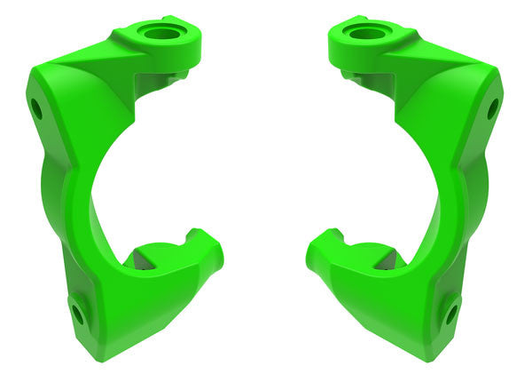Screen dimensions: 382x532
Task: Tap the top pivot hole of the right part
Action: point(364,34)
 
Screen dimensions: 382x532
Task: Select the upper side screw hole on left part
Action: point(36,109)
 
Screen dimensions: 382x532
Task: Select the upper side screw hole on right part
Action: point(493,109)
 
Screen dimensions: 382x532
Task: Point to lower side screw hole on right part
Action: point(451,313)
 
